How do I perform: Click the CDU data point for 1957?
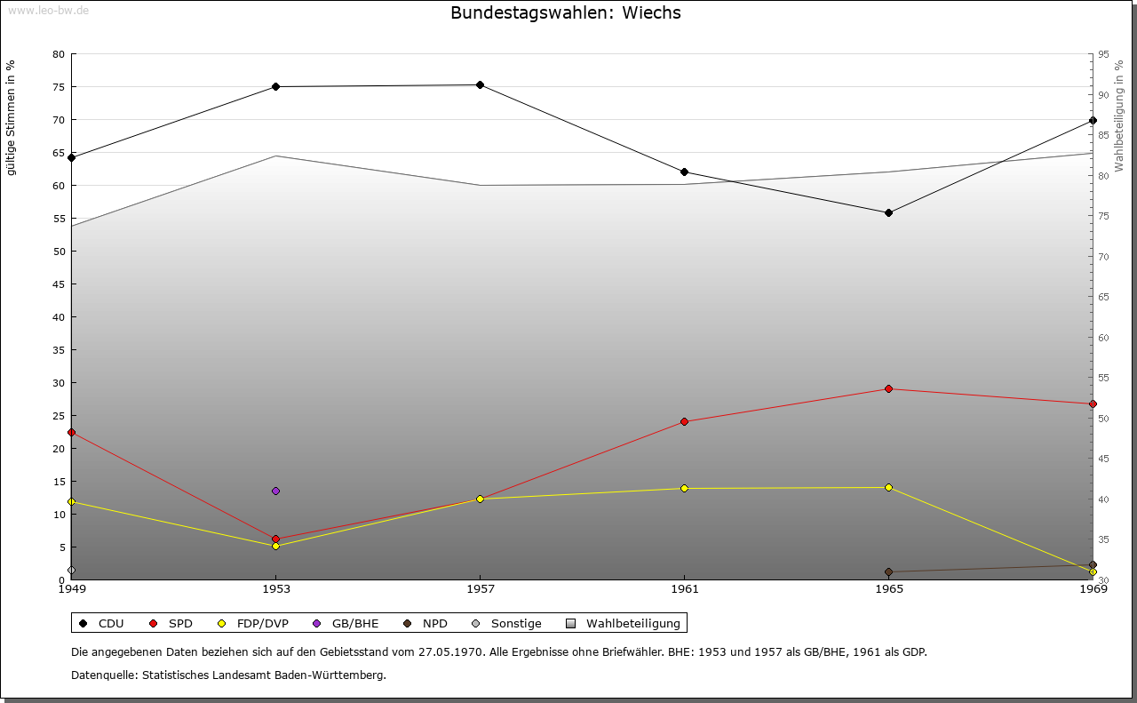(480, 85)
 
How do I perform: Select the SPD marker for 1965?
(888, 389)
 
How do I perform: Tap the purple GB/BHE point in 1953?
(275, 491)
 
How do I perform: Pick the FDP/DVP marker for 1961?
(684, 488)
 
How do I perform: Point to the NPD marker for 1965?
(888, 572)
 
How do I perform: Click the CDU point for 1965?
(888, 213)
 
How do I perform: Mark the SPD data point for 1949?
(72, 433)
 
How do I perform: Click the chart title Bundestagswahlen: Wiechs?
(566, 13)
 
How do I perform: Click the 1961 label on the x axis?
(684, 588)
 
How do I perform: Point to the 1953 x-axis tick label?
(275, 588)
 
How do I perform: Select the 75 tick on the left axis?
(59, 87)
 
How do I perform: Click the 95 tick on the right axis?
(1103, 54)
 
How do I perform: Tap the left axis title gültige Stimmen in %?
(12, 118)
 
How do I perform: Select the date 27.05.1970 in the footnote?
(449, 652)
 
